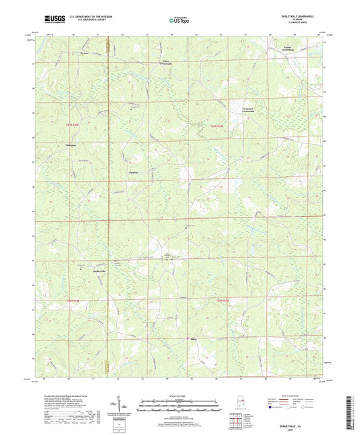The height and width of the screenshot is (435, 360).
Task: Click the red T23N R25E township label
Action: [215, 126]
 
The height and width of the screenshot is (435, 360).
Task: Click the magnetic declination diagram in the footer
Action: [124, 404]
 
